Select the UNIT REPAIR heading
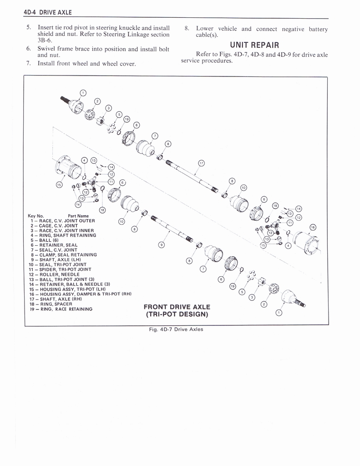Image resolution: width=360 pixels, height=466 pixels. click(254, 45)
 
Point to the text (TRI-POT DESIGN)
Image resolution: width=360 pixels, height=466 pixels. click(177, 314)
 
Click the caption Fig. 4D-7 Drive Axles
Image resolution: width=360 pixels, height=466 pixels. click(176, 329)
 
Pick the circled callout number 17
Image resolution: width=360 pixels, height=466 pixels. click(201, 163)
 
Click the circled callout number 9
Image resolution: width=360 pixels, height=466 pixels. click(161, 245)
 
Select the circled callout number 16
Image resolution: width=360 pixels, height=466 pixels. click(312, 227)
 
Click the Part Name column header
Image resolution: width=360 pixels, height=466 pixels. click(78, 216)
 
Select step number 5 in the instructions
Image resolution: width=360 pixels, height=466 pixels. click(29, 27)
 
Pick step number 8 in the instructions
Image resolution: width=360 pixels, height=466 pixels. click(187, 29)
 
